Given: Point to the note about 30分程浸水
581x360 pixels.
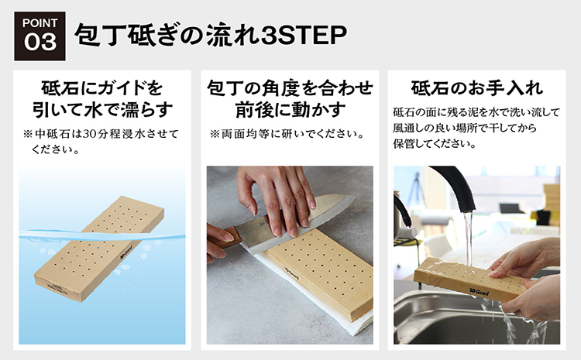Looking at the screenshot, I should pyautogui.click(x=101, y=141).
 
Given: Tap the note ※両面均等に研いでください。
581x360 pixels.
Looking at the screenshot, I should pyautogui.click(x=287, y=134).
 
